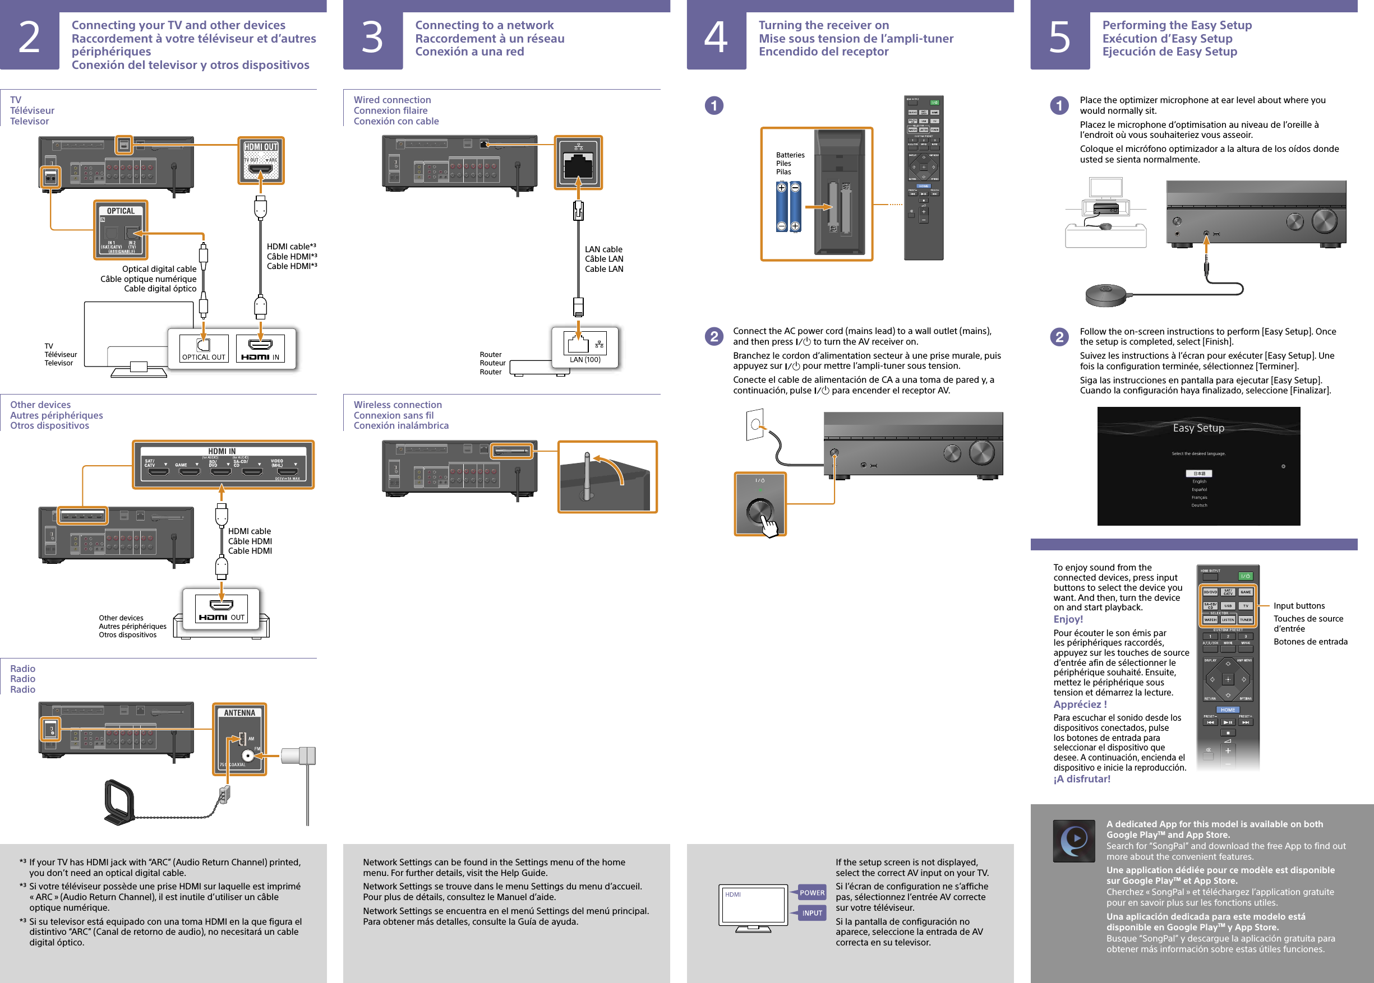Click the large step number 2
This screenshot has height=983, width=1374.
[x=29, y=38]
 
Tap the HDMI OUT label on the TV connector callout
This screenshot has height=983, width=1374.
[x=260, y=147]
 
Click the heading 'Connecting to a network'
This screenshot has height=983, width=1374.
[x=484, y=25]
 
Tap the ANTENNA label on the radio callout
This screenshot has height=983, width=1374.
[x=240, y=712]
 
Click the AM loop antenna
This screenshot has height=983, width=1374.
[x=119, y=802]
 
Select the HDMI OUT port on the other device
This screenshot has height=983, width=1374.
[x=222, y=607]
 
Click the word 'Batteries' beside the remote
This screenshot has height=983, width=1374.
[x=790, y=155]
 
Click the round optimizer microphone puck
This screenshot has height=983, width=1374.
[x=1105, y=295]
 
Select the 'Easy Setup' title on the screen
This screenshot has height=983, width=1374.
[x=1198, y=428]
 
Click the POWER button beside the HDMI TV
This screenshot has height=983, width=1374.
[x=812, y=892]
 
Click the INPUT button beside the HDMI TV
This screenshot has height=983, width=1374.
[x=812, y=913]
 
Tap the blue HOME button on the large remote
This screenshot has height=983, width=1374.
[x=1228, y=710]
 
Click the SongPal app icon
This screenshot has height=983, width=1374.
[x=1073, y=841]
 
